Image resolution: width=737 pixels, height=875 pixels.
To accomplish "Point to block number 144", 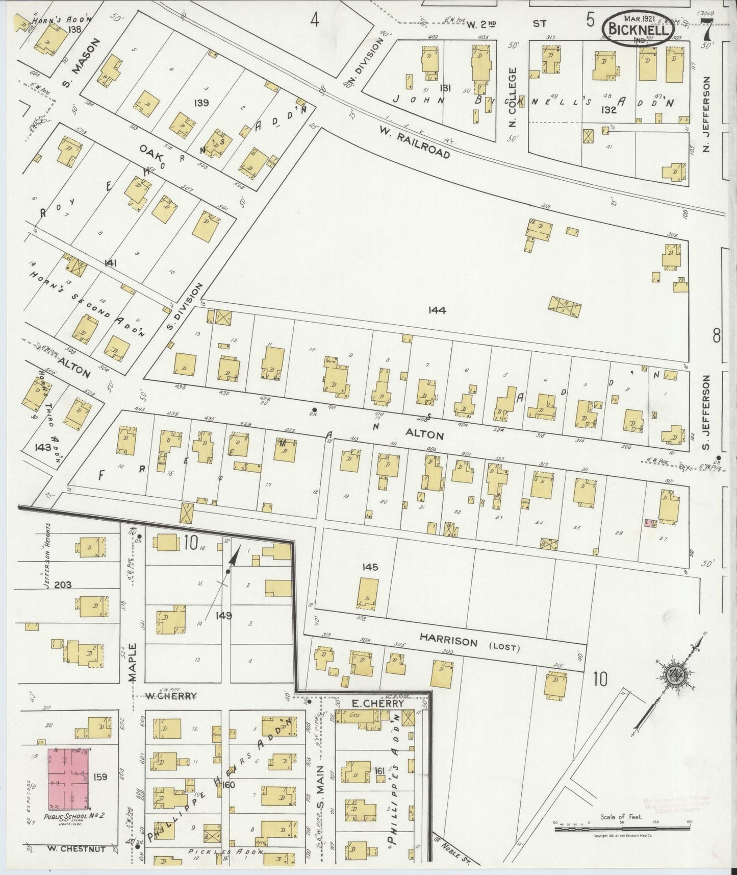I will (437, 310).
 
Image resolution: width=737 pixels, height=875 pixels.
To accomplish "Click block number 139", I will (201, 103).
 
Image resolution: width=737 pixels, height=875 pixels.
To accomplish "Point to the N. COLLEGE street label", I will (513, 97).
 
